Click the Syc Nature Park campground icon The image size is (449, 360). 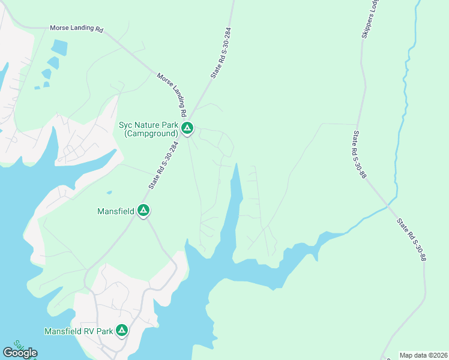187,128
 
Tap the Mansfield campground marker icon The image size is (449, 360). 143,211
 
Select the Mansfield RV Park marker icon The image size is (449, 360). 122,331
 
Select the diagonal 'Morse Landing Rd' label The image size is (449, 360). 172,95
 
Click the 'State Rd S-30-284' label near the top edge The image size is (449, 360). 220,53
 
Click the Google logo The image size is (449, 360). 20,352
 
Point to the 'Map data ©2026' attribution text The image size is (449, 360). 423,355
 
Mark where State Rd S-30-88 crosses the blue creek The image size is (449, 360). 388,206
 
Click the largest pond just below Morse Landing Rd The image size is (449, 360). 59,47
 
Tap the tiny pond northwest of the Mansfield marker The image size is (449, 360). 109,193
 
